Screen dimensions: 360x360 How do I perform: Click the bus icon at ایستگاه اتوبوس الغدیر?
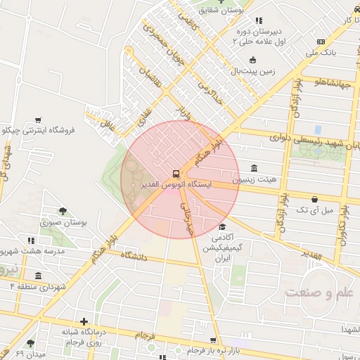coord(175,174)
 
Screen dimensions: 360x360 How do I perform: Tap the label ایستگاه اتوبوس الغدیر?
coord(176,185)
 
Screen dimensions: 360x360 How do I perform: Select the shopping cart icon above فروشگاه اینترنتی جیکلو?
coord(37,120)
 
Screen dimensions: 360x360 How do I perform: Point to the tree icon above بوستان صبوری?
coord(63,211)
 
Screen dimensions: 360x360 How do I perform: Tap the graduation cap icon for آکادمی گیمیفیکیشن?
coord(222,226)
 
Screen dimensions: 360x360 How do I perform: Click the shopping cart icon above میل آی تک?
coord(314,200)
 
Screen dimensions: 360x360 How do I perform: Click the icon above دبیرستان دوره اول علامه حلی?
coord(259,20)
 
